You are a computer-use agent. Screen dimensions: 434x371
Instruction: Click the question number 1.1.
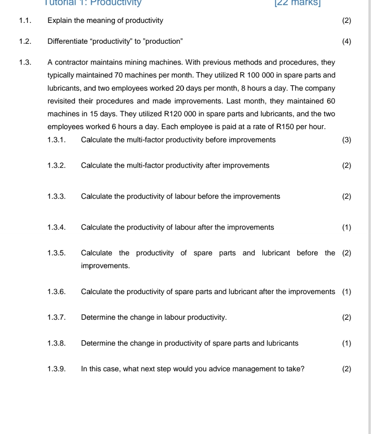[25, 20]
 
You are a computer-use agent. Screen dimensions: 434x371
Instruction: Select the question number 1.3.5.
[56, 253]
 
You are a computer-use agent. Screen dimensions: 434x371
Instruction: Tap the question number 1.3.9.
[56, 369]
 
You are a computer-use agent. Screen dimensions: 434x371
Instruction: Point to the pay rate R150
[285, 127]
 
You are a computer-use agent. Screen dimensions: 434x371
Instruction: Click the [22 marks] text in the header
[297, 3]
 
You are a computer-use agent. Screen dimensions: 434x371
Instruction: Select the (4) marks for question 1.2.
[346, 42]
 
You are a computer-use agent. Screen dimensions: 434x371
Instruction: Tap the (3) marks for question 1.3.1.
[346, 140]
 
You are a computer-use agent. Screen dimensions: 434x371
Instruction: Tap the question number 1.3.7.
[56, 317]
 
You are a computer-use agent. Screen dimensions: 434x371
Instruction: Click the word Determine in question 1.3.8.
[98, 343]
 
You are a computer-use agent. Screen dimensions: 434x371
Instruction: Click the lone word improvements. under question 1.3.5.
[105, 266]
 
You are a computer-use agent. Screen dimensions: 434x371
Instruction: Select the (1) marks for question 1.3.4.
[346, 227]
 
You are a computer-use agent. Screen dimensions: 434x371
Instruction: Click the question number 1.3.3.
[56, 197]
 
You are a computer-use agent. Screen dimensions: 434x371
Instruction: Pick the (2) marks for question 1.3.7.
[346, 317]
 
